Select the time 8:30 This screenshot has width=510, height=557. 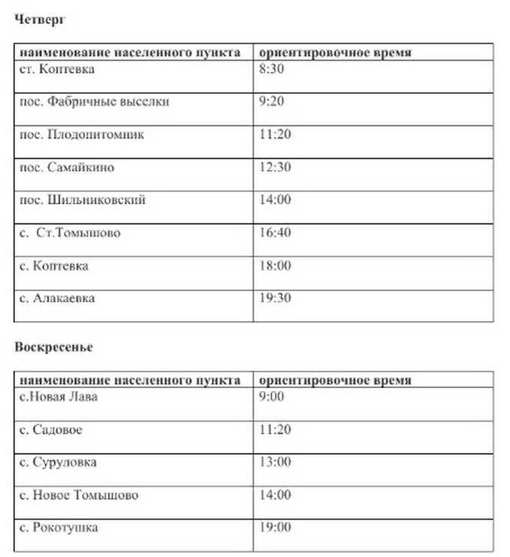click(x=272, y=69)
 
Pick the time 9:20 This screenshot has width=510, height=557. click(x=272, y=101)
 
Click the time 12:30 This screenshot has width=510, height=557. click(x=275, y=167)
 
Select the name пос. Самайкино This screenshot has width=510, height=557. click(x=67, y=167)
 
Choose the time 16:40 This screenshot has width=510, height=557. click(x=275, y=232)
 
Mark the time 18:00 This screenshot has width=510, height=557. click(x=275, y=265)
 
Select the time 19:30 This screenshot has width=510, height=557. click(x=275, y=298)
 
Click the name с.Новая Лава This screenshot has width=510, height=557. click(x=58, y=396)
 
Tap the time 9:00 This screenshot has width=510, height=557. click(x=272, y=396)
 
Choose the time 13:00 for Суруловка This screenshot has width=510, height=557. click(x=275, y=462)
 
